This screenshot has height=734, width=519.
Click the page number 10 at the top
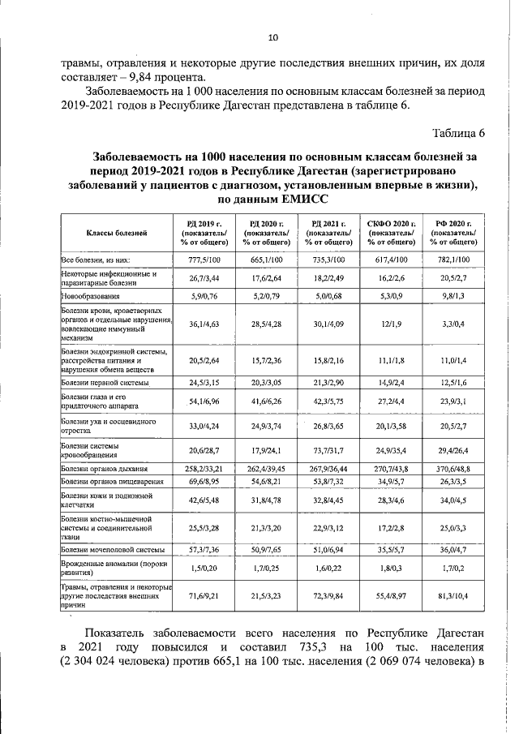coord(272,38)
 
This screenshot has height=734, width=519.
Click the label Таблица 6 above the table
coord(458,134)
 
